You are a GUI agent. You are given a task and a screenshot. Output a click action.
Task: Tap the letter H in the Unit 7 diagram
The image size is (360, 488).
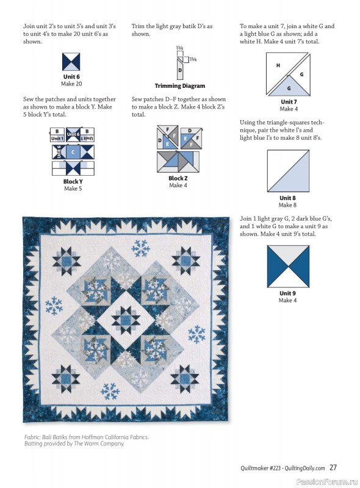(278, 65)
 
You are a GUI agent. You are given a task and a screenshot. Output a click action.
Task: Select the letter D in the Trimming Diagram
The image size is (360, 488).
(180, 70)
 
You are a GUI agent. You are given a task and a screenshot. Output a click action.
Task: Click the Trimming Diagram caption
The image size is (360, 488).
(179, 86)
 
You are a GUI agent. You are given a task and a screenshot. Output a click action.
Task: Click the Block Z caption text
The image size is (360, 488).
(178, 179)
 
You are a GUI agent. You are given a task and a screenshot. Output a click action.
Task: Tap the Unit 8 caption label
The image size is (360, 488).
(287, 198)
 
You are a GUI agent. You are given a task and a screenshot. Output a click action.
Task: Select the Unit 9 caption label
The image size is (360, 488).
(287, 293)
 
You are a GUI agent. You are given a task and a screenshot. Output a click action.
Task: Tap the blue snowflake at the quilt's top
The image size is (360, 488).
(141, 248)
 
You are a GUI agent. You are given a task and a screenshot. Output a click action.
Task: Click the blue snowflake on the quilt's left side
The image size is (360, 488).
(54, 306)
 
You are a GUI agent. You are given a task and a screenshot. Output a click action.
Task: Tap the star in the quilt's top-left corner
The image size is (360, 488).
(67, 263)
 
